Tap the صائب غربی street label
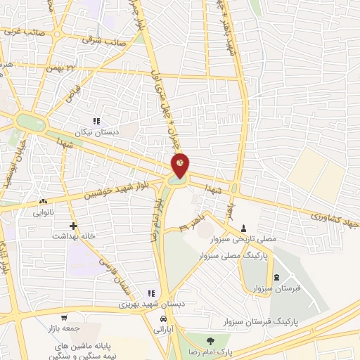click(x=25, y=32)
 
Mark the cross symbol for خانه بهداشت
click(x=74, y=226)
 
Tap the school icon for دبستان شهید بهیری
click(x=150, y=294)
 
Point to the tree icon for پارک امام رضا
click(x=208, y=341)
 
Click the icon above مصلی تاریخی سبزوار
click(x=244, y=228)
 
